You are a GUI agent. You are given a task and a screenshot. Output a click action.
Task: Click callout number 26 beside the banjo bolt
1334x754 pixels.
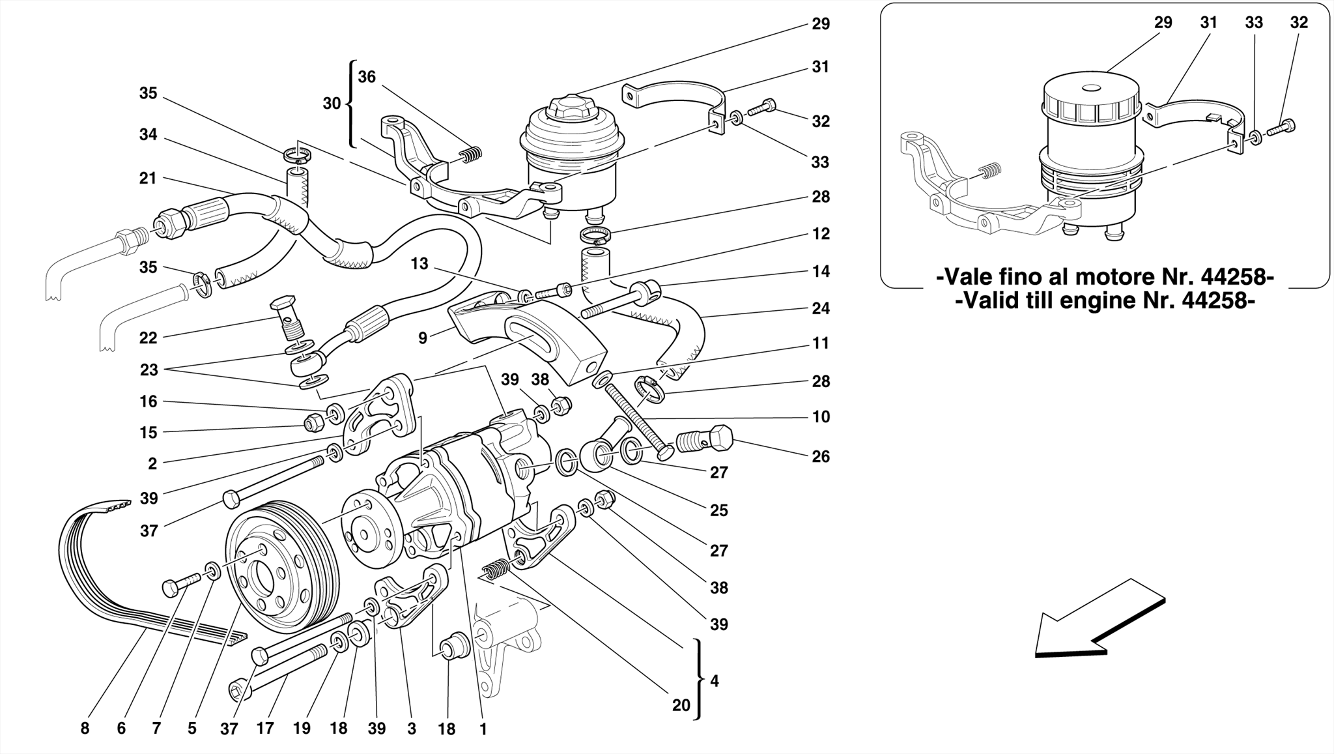(821, 456)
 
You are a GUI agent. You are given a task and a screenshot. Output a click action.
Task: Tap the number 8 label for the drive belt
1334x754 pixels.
(85, 729)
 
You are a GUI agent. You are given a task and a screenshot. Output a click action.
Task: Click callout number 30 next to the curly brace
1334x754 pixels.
(332, 103)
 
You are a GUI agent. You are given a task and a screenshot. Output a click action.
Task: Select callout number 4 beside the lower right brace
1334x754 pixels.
(715, 681)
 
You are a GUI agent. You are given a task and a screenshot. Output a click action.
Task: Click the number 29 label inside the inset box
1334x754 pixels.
(1163, 23)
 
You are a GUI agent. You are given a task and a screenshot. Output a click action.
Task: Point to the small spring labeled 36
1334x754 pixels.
(470, 154)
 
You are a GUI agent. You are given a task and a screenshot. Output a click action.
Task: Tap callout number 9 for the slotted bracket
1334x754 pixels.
(423, 338)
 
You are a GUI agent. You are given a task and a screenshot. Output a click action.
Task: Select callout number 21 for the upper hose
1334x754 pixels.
(148, 178)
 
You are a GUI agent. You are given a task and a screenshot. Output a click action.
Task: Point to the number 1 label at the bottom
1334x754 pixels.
(483, 730)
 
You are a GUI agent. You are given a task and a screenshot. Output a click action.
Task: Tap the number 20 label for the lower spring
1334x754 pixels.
(681, 705)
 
